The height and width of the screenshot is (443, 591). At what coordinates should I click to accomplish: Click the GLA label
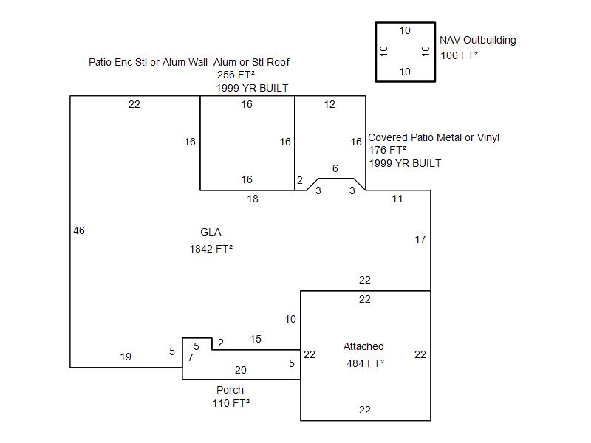click(211, 232)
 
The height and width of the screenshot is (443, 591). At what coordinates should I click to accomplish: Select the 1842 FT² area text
click(211, 249)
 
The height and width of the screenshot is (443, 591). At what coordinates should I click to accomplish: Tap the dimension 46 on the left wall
click(79, 230)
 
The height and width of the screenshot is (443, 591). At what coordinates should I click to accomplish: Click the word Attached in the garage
click(363, 346)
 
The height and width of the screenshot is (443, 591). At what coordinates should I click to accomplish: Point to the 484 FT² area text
click(365, 363)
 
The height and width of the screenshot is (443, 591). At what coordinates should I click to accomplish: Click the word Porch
click(230, 390)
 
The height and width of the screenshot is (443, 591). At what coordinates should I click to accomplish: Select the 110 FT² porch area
click(230, 403)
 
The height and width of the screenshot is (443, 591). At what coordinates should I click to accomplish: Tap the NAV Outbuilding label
click(477, 40)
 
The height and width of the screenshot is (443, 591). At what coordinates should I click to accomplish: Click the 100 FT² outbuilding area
click(460, 55)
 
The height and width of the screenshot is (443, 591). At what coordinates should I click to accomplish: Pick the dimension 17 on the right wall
click(420, 239)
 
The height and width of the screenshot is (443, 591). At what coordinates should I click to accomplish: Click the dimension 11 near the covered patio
click(397, 199)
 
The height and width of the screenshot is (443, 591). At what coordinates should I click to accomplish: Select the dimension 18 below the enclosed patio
click(253, 199)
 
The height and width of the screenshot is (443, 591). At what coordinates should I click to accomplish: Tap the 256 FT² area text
click(236, 75)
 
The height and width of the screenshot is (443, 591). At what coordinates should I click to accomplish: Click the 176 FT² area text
click(388, 150)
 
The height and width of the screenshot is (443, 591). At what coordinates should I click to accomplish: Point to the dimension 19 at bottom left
click(126, 357)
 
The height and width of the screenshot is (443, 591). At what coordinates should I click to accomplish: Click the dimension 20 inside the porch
click(241, 370)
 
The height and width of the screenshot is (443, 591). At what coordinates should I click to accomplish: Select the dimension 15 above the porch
click(256, 339)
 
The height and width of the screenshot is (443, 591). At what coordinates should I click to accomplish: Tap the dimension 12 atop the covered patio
click(329, 104)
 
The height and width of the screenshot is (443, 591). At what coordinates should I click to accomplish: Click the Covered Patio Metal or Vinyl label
click(434, 137)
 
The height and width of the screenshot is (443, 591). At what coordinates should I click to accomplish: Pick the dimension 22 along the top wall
click(134, 104)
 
